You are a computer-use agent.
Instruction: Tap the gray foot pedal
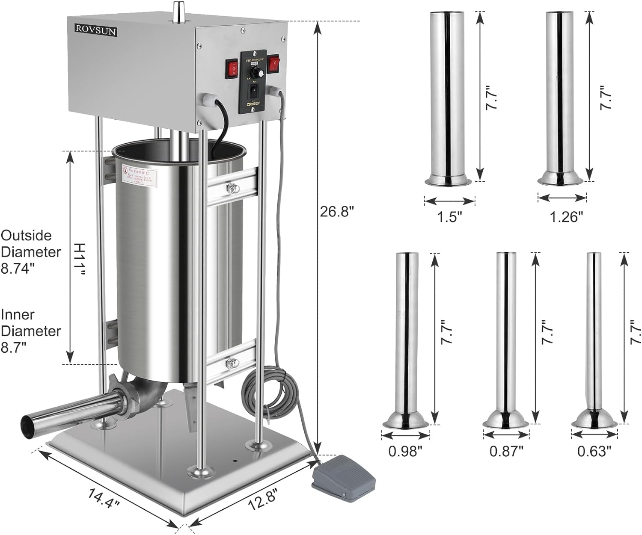[x=344, y=477]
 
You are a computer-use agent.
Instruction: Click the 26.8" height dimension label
[x=337, y=211]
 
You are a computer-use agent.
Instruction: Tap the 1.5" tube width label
[x=450, y=217]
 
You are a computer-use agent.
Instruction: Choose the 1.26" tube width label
[x=566, y=217]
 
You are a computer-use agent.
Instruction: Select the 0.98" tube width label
[x=405, y=451]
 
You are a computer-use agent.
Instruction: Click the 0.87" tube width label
[x=506, y=451]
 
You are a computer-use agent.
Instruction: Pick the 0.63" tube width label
[x=594, y=451]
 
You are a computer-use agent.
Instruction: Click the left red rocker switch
[x=232, y=68]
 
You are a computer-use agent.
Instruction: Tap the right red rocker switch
[x=273, y=64]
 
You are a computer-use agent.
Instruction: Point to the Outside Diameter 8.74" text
[x=31, y=252]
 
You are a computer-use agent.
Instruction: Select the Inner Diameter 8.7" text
[x=31, y=331]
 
